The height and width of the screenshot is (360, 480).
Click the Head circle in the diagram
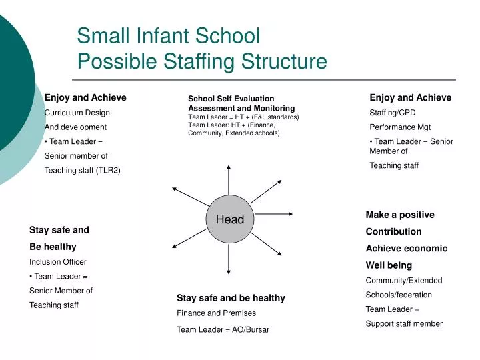[x=229, y=219]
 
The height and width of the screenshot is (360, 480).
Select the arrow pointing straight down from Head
[x=229, y=261]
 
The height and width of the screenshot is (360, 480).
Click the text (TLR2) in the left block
[x=108, y=170]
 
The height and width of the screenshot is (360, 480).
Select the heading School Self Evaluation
[x=231, y=99]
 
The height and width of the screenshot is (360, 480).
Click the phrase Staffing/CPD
[x=392, y=112]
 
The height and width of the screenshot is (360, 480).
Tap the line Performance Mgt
[x=400, y=127]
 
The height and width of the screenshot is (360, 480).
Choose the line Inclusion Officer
[x=58, y=261]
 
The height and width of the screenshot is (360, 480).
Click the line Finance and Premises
[x=216, y=313]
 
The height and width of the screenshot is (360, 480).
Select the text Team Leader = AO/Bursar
[x=223, y=329]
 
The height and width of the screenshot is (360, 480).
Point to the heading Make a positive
[x=400, y=215]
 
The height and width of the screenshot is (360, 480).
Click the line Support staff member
[x=404, y=323]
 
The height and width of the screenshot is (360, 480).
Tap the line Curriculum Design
[x=77, y=112]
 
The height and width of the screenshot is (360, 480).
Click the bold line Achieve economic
[x=406, y=248]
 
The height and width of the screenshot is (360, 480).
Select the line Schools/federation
[x=399, y=295]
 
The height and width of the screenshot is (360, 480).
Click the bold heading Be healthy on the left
[x=53, y=246]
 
